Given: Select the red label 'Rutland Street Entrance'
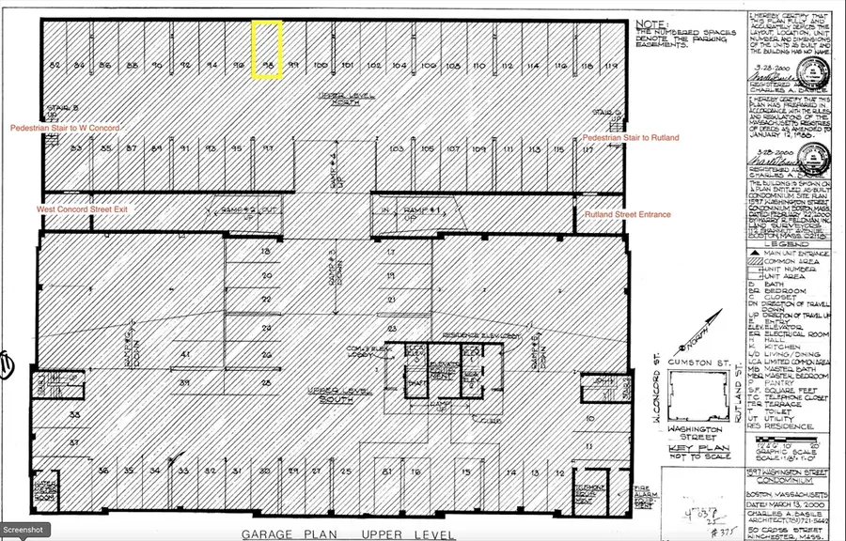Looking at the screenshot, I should pos(627,215).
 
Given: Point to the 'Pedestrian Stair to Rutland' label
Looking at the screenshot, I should pos(630,138).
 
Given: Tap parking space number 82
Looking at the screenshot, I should pos(55,65).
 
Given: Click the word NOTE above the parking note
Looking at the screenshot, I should pos(650,23).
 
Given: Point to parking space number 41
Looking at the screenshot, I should pos(186,354).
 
